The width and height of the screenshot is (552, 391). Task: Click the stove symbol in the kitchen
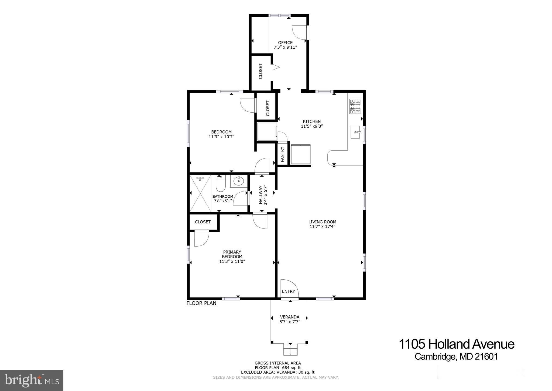pos(355,106)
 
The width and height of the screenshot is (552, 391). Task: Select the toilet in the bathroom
pos(220,183)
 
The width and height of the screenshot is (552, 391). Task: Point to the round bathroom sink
pos(239,181)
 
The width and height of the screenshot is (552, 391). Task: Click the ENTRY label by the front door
pos(288,291)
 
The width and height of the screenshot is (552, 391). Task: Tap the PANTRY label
pos(282,154)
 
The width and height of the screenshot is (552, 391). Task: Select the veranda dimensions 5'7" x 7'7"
pos(290,322)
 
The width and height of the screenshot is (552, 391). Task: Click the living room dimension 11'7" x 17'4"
pos(322,227)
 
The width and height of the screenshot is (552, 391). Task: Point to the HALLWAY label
pos(261,195)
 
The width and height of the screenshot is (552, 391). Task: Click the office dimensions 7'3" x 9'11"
pos(285,47)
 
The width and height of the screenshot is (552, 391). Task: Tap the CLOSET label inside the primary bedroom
pos(203,222)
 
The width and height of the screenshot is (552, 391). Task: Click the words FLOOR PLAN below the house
pos(201,303)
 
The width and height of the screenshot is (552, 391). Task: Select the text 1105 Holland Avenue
pos(456,344)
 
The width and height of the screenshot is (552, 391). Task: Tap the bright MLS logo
pos(32,380)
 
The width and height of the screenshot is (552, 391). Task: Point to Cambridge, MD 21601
pos(456,357)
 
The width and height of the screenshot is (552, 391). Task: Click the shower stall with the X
pos(200,193)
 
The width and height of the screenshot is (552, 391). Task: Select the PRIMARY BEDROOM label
pos(232,254)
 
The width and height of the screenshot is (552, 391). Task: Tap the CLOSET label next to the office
pos(260,71)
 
